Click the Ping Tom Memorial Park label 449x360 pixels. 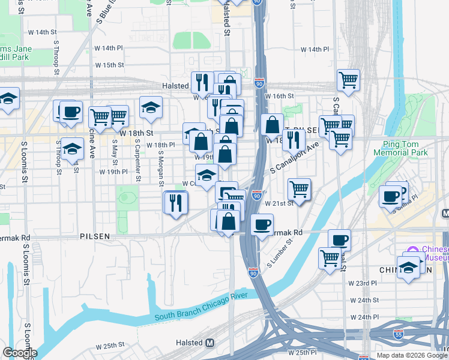tap(405, 149)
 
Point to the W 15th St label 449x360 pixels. tap(109, 65)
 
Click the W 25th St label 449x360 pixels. tap(109, 346)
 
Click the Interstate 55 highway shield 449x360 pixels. tap(398, 334)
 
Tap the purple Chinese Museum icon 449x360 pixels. tap(412, 250)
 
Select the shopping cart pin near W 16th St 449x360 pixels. tap(348, 79)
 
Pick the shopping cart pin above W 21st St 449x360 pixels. tap(299, 188)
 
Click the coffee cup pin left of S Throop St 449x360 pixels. tap(71, 110)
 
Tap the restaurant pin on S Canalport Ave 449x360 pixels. tap(293, 139)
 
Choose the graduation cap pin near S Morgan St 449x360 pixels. tap(151, 107)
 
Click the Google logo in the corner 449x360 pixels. tap(20, 353)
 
